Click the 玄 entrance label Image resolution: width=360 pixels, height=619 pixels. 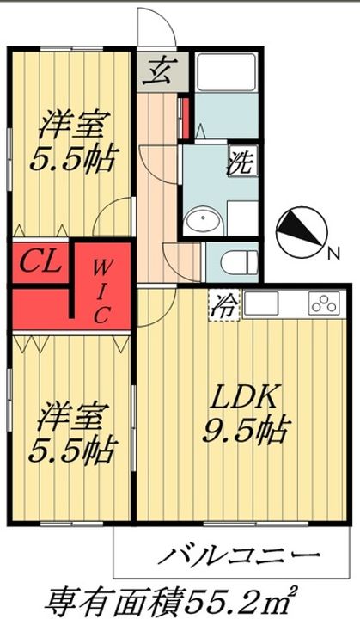click(x=156, y=71)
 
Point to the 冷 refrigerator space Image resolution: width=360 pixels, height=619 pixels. click(x=223, y=305)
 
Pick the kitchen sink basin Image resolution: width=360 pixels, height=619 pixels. click(x=260, y=303)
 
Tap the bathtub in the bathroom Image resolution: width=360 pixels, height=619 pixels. click(x=227, y=71)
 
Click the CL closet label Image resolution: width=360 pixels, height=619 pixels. click(x=40, y=261)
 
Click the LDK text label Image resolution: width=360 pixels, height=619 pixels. click(x=243, y=397)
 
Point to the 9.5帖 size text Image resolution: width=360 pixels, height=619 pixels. click(x=247, y=430)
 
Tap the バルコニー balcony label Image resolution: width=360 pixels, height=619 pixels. click(x=240, y=557)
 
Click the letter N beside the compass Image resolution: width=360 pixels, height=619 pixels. click(x=334, y=254)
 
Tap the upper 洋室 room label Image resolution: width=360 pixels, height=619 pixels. click(x=72, y=125)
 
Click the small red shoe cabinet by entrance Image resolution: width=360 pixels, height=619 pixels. click(x=186, y=117)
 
